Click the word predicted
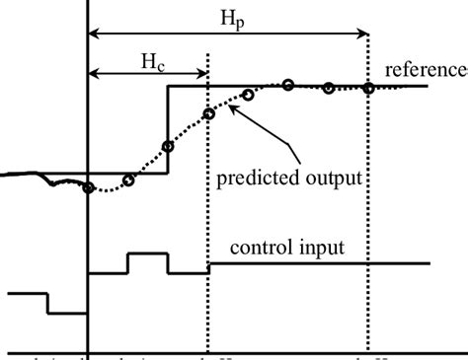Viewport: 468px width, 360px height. (x=251, y=180)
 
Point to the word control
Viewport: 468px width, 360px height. (x=261, y=249)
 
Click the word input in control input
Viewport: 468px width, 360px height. (x=321, y=249)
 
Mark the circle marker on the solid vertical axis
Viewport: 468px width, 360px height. (x=89, y=188)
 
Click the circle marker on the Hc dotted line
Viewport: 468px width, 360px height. (x=208, y=113)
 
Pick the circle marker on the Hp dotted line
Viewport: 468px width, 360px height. (x=368, y=88)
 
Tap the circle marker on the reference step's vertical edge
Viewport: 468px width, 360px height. (x=168, y=147)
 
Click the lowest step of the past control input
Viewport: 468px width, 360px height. (x=67, y=313)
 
